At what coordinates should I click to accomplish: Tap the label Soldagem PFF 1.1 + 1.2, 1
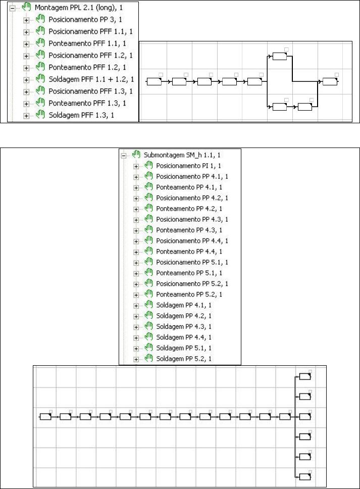(91, 80)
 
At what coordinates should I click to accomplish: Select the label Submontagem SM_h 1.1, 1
(185, 155)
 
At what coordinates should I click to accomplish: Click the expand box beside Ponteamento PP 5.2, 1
(136, 295)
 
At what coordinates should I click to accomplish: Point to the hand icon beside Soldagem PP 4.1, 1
(148, 305)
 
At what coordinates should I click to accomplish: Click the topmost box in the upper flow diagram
(279, 56)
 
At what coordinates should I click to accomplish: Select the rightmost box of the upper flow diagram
(330, 82)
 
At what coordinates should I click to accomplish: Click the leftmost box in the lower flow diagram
(46, 417)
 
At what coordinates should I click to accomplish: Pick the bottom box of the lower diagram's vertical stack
(305, 476)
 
